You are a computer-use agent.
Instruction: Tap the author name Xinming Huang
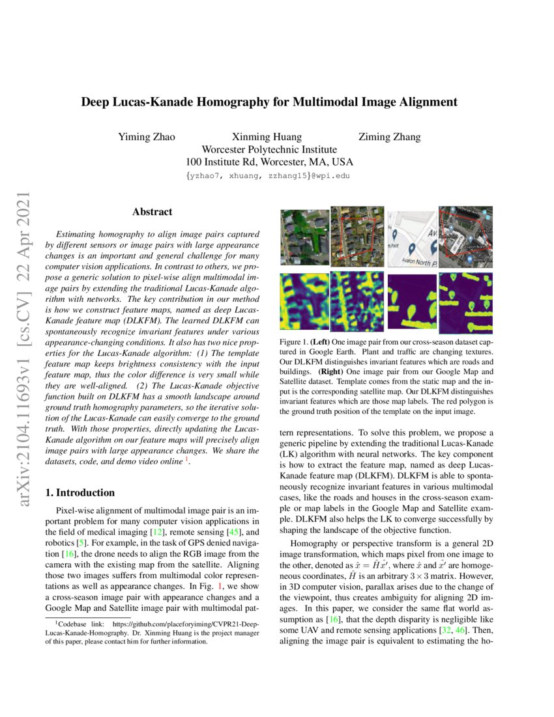pyautogui.click(x=267, y=137)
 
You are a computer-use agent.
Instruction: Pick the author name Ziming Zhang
pyautogui.click(x=389, y=137)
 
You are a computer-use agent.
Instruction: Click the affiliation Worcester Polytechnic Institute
pyautogui.click(x=269, y=149)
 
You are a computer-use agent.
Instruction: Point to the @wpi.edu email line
pyautogui.click(x=269, y=176)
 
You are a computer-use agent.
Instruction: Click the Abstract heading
pyautogui.click(x=152, y=212)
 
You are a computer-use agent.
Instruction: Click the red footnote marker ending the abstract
pyautogui.click(x=188, y=460)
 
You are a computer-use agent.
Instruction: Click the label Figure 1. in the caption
pyautogui.click(x=293, y=342)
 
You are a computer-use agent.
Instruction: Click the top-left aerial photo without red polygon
pyautogui.click(x=304, y=237)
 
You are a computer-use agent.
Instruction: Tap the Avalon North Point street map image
pyautogui.click(x=412, y=238)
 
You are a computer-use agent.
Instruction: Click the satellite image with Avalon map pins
pyautogui.click(x=465, y=237)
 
